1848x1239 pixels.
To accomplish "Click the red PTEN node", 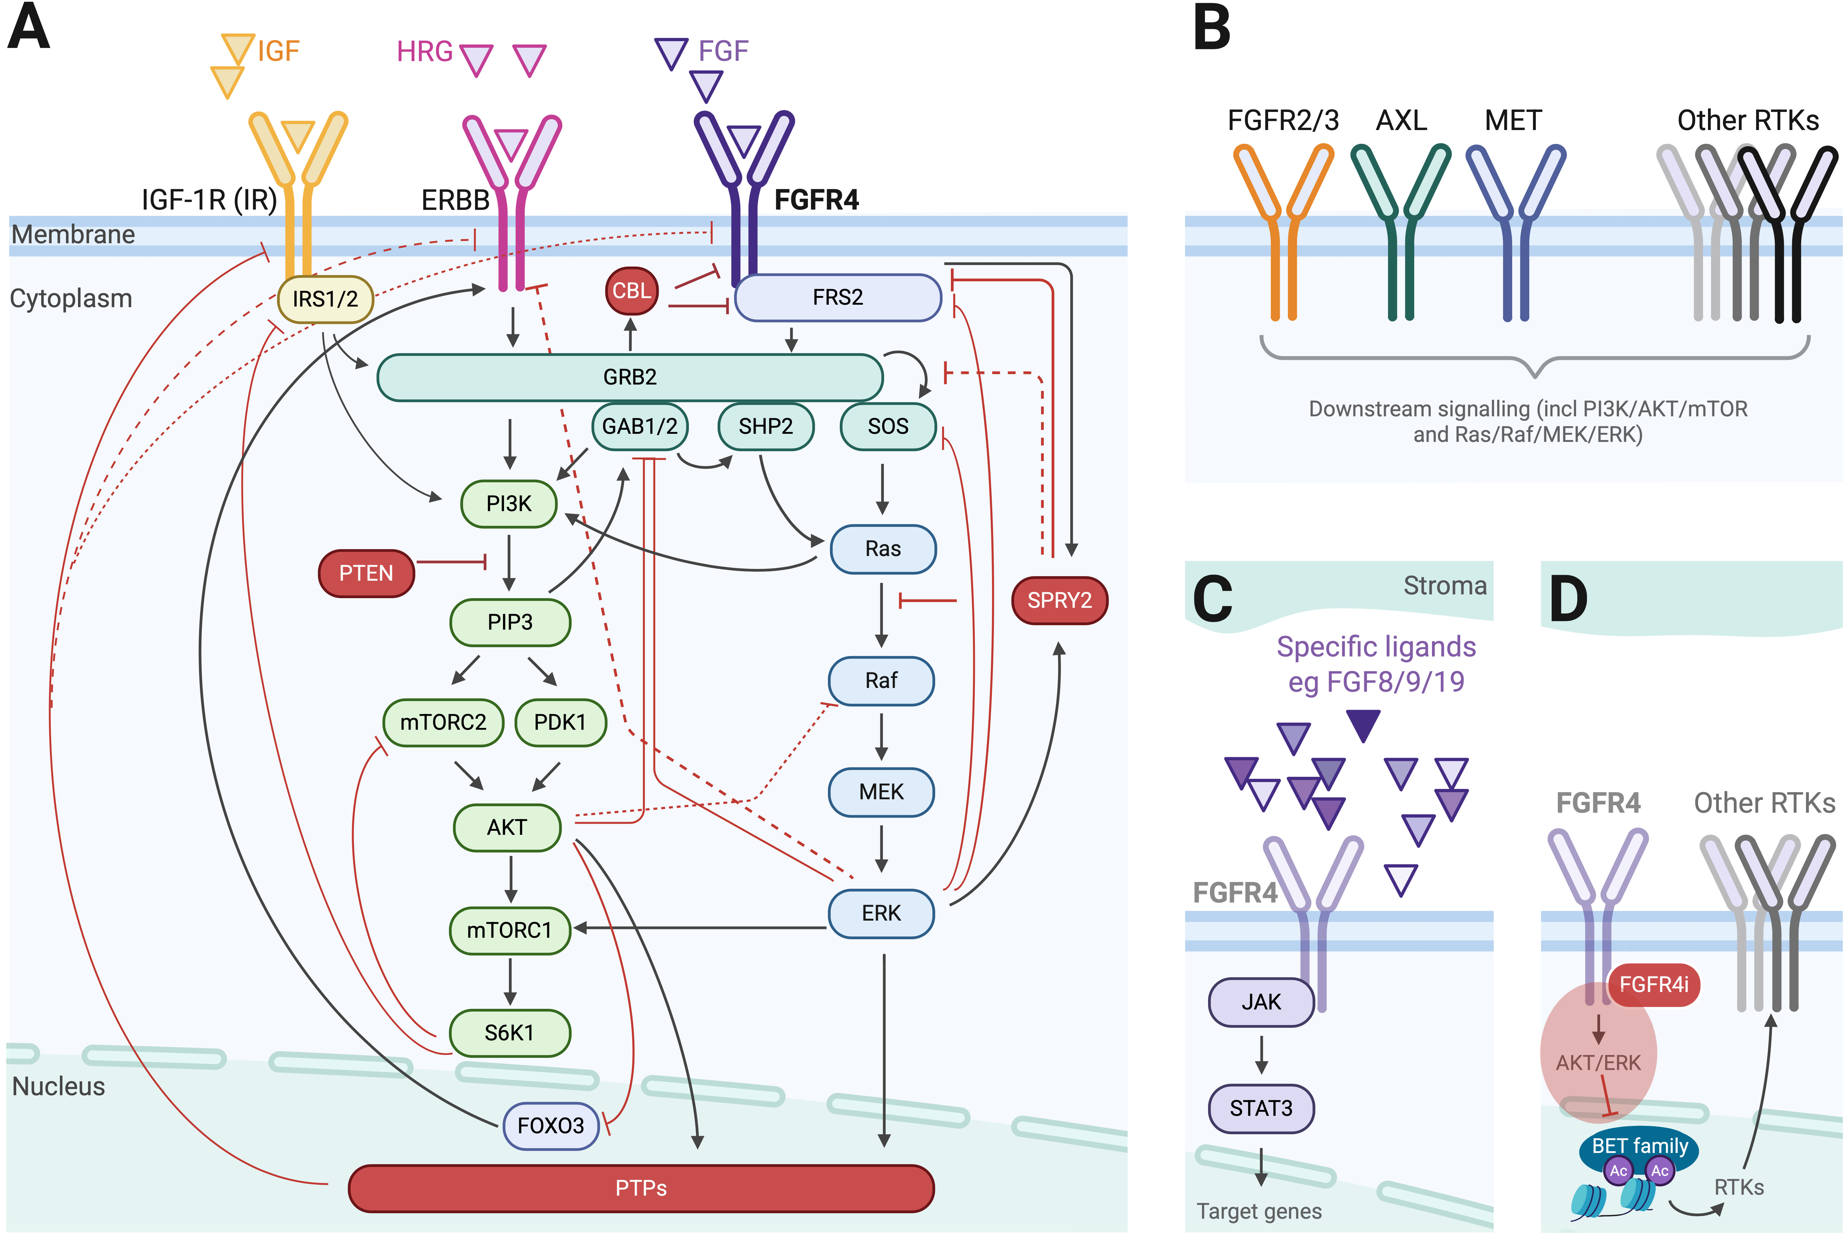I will pyautogui.click(x=366, y=573).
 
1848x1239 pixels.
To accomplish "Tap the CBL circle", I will pyautogui.click(x=631, y=291).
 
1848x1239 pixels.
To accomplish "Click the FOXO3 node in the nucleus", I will pyautogui.click(x=551, y=1125).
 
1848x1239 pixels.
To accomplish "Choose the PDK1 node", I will pyautogui.click(x=560, y=722).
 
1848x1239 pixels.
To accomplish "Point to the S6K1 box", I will pyautogui.click(x=510, y=1033).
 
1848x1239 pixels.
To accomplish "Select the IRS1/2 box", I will pyautogui.click(x=325, y=299).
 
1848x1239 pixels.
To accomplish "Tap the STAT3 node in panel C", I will pyautogui.click(x=1261, y=1108).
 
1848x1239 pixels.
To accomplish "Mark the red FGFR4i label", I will pyautogui.click(x=1654, y=985).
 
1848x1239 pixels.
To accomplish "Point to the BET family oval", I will pyautogui.click(x=1639, y=1146).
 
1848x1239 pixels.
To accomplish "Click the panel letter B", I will pyautogui.click(x=1212, y=28).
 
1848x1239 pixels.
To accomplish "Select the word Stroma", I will pyautogui.click(x=1444, y=586).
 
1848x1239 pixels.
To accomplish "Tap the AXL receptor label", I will pyautogui.click(x=1401, y=120).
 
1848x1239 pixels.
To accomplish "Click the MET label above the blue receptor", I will pyautogui.click(x=1513, y=120).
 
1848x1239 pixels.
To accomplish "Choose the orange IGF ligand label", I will pyautogui.click(x=278, y=51).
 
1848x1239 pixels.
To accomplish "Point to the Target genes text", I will pyautogui.click(x=1259, y=1211).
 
